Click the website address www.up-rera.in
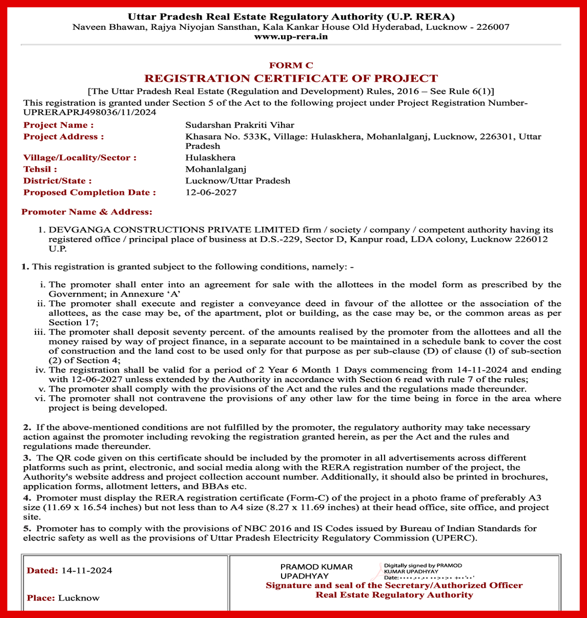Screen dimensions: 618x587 pos(291,37)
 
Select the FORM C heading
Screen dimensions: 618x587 pos(291,65)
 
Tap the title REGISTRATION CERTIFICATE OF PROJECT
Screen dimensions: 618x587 pos(291,78)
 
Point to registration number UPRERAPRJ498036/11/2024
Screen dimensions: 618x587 pos(90,113)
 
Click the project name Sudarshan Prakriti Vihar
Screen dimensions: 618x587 pos(240,125)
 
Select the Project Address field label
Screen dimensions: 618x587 pos(63,136)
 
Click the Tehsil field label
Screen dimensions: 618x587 pos(40,169)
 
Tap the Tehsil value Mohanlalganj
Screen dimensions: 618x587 pos(216,169)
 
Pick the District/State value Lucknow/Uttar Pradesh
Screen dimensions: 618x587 pos(238,181)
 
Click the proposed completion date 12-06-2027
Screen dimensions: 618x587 pos(211,193)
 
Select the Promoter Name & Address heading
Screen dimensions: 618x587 pos(87,212)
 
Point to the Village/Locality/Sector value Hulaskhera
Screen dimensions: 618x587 pos(210,158)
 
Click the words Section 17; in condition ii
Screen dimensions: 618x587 pos(73,323)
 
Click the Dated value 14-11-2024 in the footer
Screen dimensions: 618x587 pos(87,571)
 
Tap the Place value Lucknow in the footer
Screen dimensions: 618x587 pos(79,598)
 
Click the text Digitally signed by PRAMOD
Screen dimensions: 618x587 pos(423,565)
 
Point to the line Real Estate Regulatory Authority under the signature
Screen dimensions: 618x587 pos(394,595)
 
